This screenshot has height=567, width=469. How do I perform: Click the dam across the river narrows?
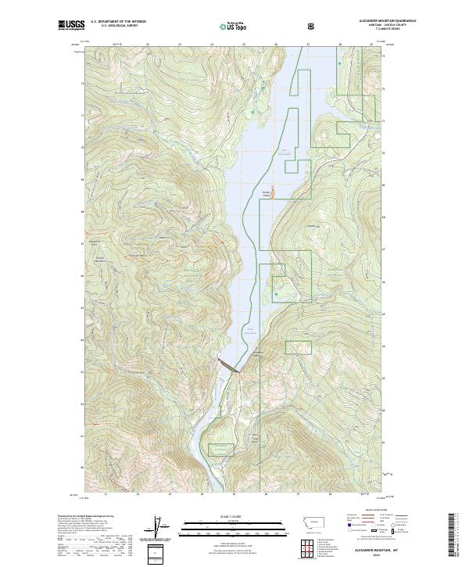pyautogui.click(x=229, y=365)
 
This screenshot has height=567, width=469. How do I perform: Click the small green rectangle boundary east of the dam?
pyautogui.click(x=299, y=347)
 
